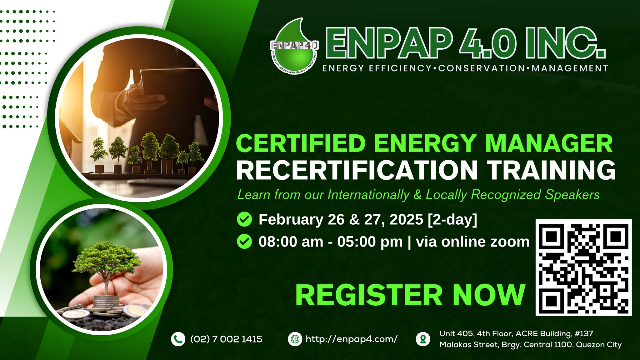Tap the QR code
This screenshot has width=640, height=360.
pyautogui.click(x=583, y=267)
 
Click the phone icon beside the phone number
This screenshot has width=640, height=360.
pyautogui.click(x=178, y=339)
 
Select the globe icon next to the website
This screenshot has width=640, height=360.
pyautogui.click(x=295, y=339)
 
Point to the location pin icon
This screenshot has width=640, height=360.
pyautogui.click(x=423, y=339)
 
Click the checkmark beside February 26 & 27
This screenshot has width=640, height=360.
pyautogui.click(x=244, y=219)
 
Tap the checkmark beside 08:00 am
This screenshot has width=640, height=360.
pyautogui.click(x=244, y=242)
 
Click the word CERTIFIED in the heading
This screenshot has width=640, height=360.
pyautogui.click(x=301, y=143)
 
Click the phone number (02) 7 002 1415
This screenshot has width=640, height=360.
pyautogui.click(x=226, y=339)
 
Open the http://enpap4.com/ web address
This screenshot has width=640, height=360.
pyautogui.click(x=352, y=339)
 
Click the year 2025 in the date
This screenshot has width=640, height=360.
pyautogui.click(x=406, y=219)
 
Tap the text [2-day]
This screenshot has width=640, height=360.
pyautogui.click(x=452, y=220)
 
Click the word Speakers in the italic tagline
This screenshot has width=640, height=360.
pyautogui.click(x=572, y=195)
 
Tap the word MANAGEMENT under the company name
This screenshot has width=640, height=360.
pyautogui.click(x=570, y=68)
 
